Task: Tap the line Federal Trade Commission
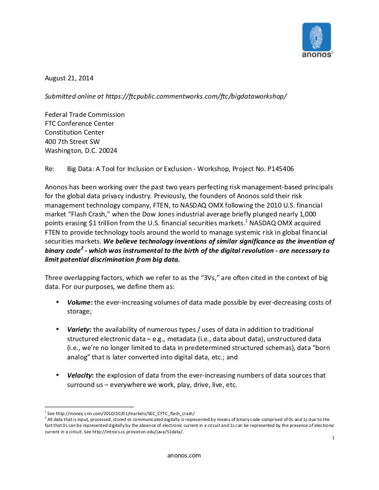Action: pos(85,114)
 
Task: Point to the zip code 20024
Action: pos(108,150)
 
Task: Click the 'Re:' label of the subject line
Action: pos(49,169)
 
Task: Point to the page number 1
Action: pos(334,437)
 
